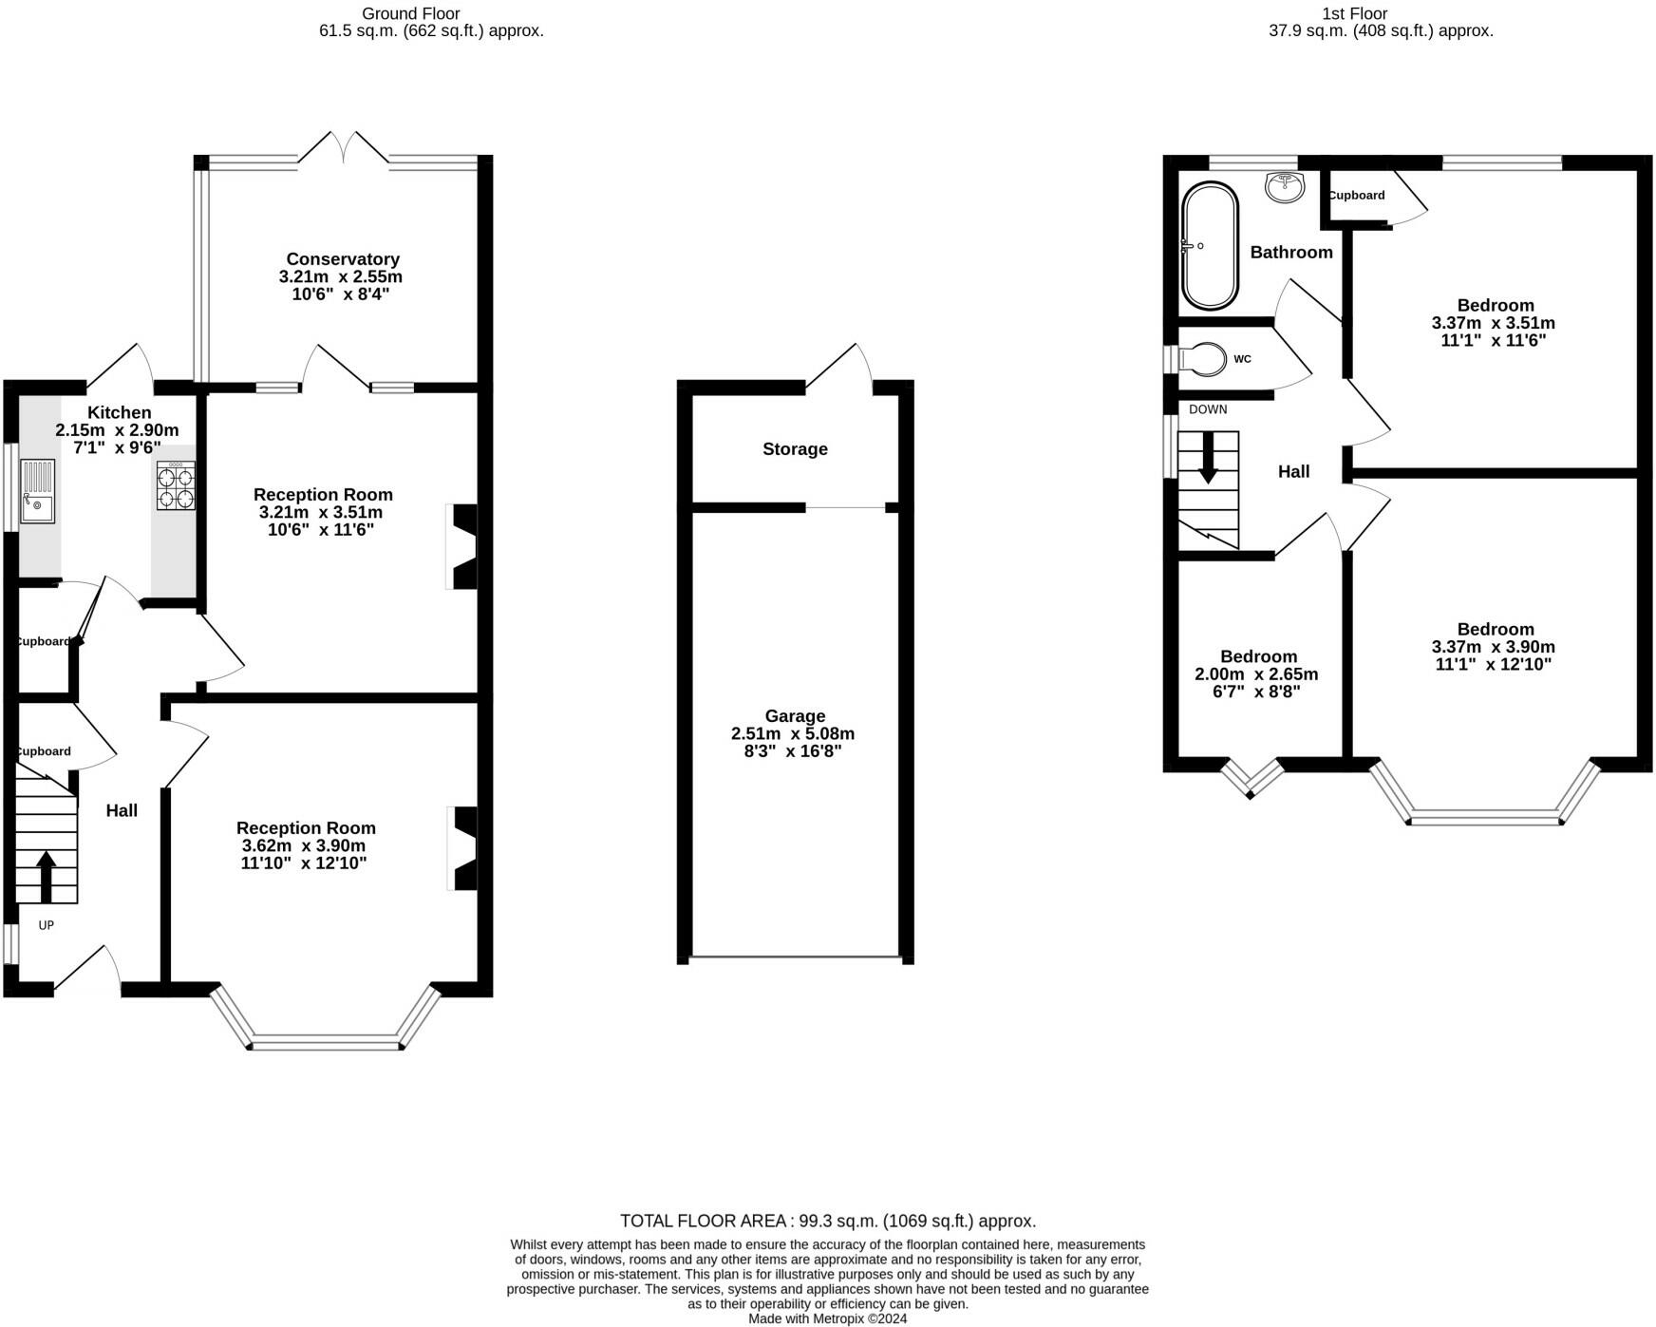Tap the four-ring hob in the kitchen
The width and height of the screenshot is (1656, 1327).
click(x=176, y=485)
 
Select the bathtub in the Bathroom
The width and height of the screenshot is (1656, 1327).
click(x=1210, y=245)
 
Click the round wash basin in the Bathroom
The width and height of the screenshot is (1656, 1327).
click(x=1285, y=186)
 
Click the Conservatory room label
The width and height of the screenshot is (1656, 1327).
click(x=342, y=259)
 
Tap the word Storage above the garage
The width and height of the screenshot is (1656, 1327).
click(x=795, y=449)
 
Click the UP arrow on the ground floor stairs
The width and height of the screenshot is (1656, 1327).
click(x=46, y=874)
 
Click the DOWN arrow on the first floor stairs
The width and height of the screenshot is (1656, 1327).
click(x=1208, y=458)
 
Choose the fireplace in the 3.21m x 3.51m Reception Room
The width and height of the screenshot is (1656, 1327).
click(x=463, y=547)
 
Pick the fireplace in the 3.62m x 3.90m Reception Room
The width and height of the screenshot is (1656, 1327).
click(x=463, y=848)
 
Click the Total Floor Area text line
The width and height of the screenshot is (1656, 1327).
click(x=827, y=1222)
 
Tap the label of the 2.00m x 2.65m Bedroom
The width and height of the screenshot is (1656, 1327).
click(x=1258, y=657)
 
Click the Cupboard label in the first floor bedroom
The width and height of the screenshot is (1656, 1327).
click(x=1356, y=196)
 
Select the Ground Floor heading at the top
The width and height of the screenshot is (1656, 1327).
click(x=410, y=13)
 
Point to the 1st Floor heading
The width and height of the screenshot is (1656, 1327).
click(x=1354, y=13)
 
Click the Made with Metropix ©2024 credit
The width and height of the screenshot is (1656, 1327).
click(x=827, y=1318)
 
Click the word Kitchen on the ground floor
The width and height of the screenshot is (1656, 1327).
click(x=120, y=412)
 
